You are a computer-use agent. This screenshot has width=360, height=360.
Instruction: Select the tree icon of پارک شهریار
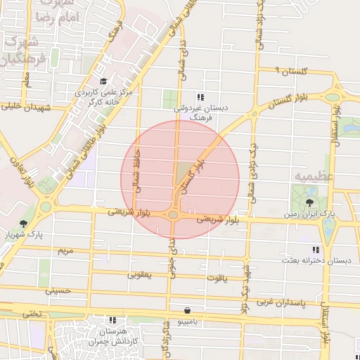pyautogui.click(x=23, y=224)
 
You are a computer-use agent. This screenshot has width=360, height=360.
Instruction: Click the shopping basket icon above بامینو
pyautogui.click(x=188, y=310)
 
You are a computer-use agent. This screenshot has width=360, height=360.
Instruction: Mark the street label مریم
pyautogui.click(x=65, y=250)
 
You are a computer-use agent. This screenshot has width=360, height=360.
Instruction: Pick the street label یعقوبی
pyautogui.click(x=139, y=275)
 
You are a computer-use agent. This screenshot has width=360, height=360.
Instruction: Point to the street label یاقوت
pyautogui.click(x=217, y=278)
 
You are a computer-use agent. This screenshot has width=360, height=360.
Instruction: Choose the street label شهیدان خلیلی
pyautogui.click(x=20, y=107)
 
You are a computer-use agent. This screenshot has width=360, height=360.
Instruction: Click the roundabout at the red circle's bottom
pyautogui.click(x=173, y=215)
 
